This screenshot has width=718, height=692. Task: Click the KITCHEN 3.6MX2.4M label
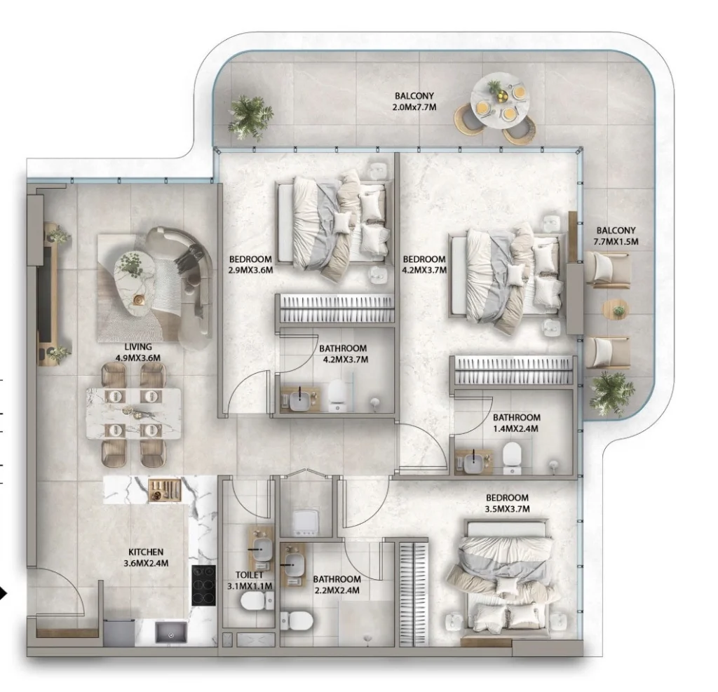(x=146, y=557)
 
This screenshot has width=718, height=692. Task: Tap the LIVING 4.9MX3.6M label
(x=138, y=352)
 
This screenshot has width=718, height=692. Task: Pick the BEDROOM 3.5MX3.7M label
(x=507, y=503)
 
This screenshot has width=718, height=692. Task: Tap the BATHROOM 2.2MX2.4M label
(x=337, y=584)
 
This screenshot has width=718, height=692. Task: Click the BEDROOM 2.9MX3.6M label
(x=250, y=264)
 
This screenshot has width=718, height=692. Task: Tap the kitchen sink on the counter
(x=169, y=634)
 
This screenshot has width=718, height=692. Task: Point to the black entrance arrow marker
(x=6, y=595)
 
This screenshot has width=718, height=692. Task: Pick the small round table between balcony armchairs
(x=616, y=309)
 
